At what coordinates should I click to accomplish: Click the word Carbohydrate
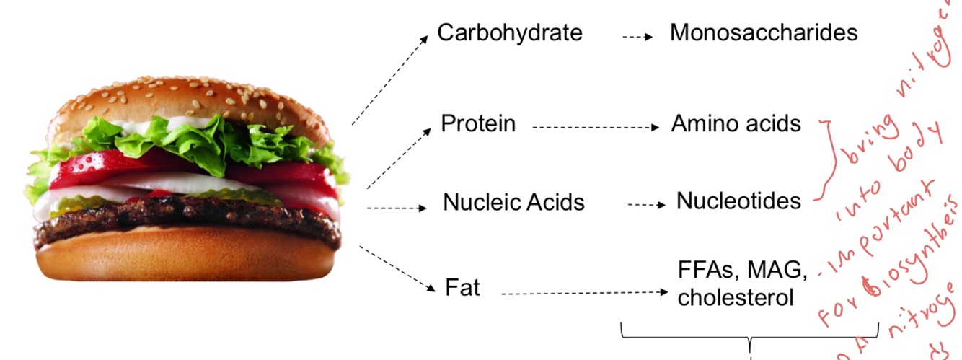tap(509, 33)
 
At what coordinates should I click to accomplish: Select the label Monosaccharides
tap(764, 33)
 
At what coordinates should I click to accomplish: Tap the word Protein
tap(478, 124)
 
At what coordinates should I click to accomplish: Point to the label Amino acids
tap(736, 124)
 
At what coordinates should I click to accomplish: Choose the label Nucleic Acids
tap(513, 203)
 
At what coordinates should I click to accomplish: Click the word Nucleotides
tap(738, 201)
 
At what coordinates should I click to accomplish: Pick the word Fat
tap(462, 289)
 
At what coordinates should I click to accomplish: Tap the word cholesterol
tap(736, 297)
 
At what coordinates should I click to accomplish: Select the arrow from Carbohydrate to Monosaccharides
tap(637, 35)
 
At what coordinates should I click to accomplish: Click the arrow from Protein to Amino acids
tap(596, 128)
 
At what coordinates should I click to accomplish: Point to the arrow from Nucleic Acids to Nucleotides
tap(646, 206)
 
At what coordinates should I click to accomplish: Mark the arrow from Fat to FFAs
tap(585, 293)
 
